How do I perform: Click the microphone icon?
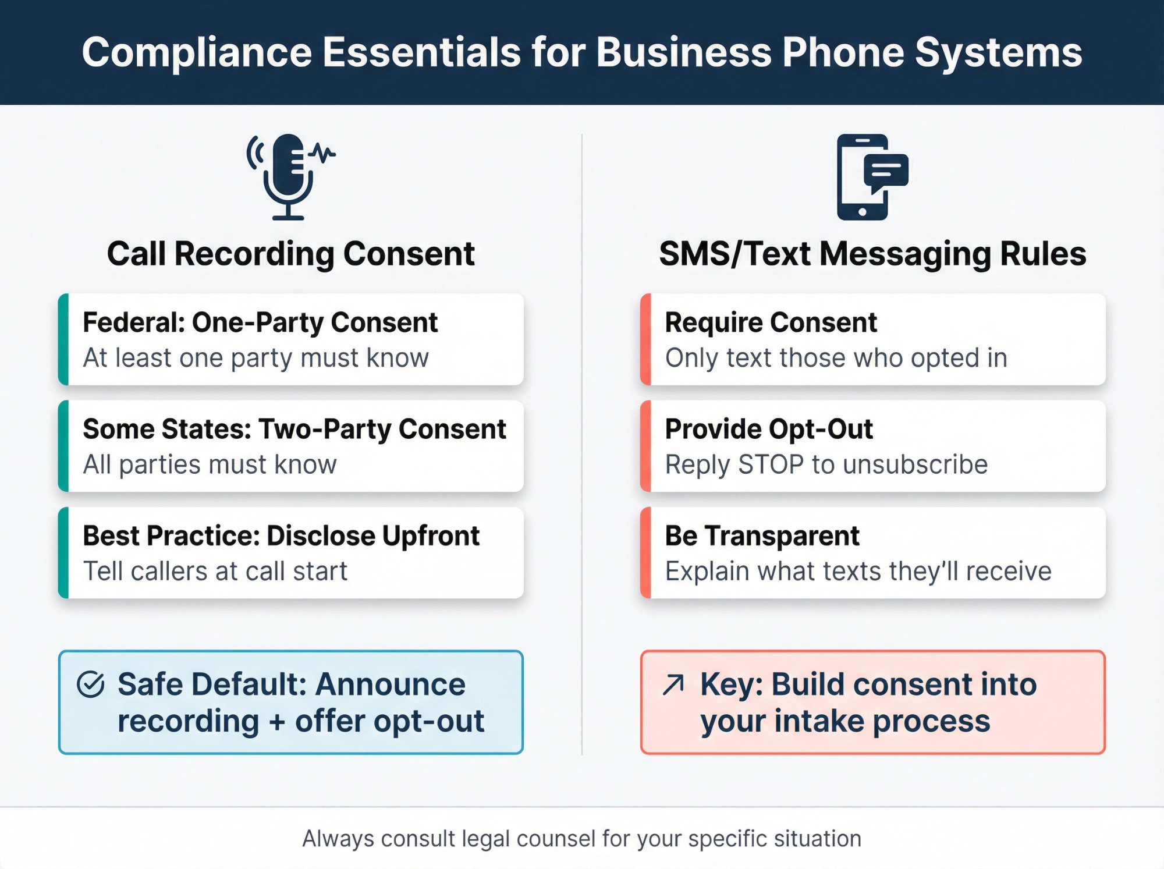(x=289, y=176)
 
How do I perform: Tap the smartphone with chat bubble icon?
(x=870, y=177)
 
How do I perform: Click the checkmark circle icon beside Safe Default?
(x=91, y=684)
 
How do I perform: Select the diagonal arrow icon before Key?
(x=673, y=684)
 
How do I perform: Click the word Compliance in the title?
(x=197, y=52)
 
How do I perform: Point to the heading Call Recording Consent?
(x=290, y=254)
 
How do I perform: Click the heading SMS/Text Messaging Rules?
(x=872, y=254)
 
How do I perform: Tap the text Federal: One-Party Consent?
(x=260, y=322)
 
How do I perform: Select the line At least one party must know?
(x=255, y=358)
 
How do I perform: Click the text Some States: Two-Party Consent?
(x=294, y=430)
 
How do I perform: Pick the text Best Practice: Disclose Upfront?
(x=281, y=536)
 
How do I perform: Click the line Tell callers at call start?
(x=215, y=572)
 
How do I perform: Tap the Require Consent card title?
(x=770, y=322)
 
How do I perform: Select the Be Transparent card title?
(x=761, y=536)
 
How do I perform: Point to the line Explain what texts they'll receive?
(x=858, y=572)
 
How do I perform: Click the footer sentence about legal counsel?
(x=581, y=839)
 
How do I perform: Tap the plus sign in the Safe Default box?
(x=277, y=722)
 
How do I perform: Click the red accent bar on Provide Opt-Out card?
(x=645, y=446)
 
